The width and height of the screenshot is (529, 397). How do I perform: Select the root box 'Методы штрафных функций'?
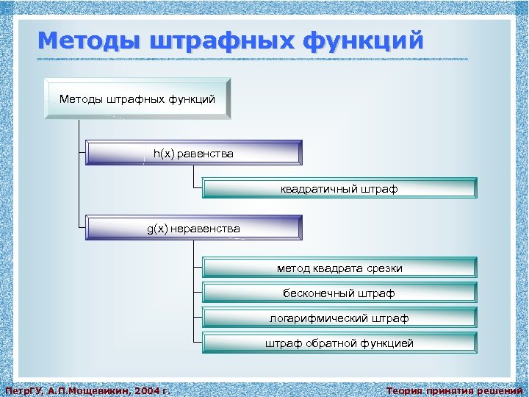point(137,99)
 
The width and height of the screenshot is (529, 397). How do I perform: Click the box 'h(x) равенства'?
point(193,154)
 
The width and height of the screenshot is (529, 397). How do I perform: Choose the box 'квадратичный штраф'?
point(339,189)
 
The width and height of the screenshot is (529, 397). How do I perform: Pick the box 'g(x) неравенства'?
point(193,229)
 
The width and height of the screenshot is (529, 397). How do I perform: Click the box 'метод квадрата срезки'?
point(339,268)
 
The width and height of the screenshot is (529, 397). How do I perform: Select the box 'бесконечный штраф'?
point(339,293)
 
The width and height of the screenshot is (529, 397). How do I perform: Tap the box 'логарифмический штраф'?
point(339,318)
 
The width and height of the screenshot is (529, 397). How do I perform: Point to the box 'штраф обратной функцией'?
point(339,343)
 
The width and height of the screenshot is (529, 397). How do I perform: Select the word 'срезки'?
point(384,268)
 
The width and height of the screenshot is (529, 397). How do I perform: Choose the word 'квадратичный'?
point(319,189)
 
